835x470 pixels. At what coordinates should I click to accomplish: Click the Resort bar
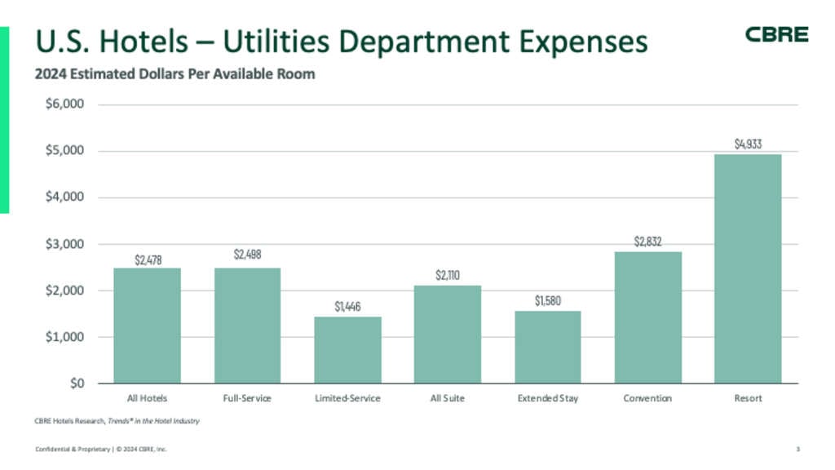pyautogui.click(x=748, y=268)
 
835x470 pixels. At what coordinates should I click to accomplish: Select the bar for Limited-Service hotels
pyautogui.click(x=347, y=350)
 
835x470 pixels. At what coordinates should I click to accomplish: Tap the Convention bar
pyautogui.click(x=647, y=317)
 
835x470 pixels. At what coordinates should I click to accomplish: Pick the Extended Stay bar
pyautogui.click(x=547, y=347)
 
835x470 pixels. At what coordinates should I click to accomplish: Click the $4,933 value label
pyautogui.click(x=749, y=144)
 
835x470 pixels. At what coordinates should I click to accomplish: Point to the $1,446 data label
pyautogui.click(x=347, y=307)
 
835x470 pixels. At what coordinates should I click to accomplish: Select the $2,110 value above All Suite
pyautogui.click(x=448, y=275)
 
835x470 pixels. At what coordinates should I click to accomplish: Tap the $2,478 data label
pyautogui.click(x=148, y=260)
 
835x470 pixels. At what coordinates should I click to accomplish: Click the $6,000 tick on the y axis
pyautogui.click(x=64, y=104)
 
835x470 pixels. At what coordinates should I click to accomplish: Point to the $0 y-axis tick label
pyautogui.click(x=77, y=384)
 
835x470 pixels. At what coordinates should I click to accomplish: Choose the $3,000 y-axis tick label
pyautogui.click(x=64, y=244)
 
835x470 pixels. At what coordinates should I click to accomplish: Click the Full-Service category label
pyautogui.click(x=247, y=398)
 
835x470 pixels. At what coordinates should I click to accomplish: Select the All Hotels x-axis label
pyautogui.click(x=147, y=398)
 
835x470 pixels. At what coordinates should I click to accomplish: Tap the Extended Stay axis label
pyautogui.click(x=547, y=398)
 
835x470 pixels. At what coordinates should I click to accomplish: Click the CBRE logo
pyautogui.click(x=776, y=34)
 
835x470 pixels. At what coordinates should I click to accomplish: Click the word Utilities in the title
pyautogui.click(x=276, y=41)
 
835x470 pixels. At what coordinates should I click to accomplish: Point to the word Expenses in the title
pyautogui.click(x=583, y=42)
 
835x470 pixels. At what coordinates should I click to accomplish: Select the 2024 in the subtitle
pyautogui.click(x=51, y=73)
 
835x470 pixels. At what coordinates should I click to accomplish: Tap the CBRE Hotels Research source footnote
pyautogui.click(x=117, y=421)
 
